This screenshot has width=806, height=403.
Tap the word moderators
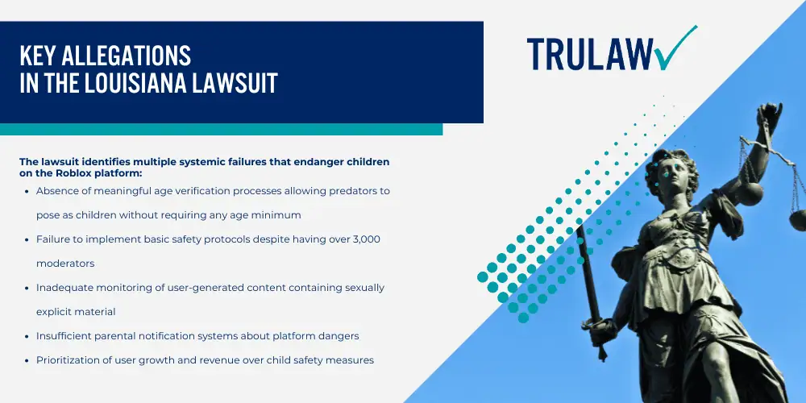coord(65,264)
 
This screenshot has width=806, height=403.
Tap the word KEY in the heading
coord(35,56)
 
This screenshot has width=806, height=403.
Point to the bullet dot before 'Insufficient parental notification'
coord(27,336)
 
